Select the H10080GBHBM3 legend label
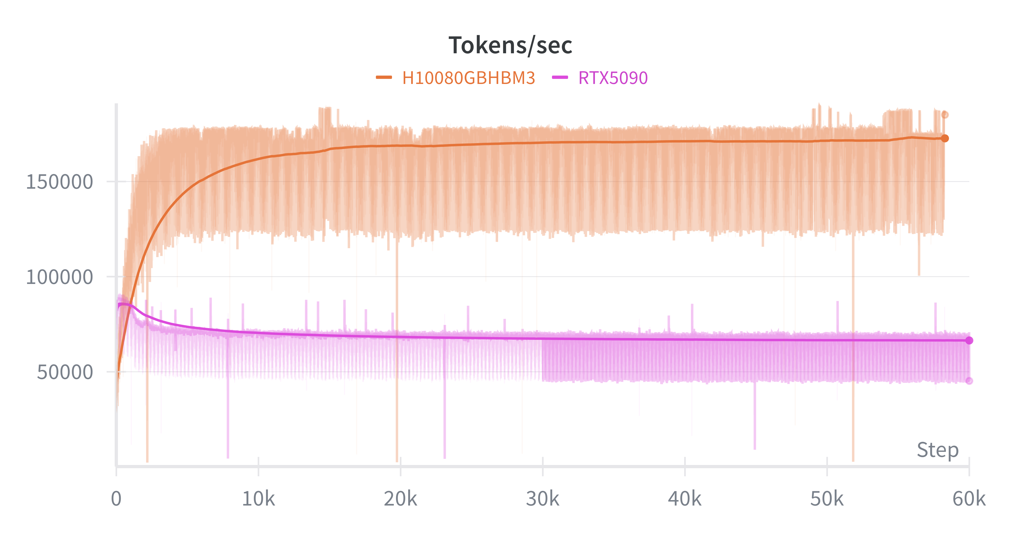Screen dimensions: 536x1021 click(468, 78)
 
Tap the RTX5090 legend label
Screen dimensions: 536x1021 click(613, 78)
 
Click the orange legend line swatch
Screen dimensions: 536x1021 click(384, 77)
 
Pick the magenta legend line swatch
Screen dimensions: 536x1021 click(560, 77)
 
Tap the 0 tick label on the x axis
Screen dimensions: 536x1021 click(116, 499)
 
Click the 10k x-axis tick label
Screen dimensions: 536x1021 click(258, 499)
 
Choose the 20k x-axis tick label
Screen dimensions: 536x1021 click(400, 499)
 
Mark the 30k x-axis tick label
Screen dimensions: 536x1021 click(543, 499)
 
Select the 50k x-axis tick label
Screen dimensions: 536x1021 click(827, 499)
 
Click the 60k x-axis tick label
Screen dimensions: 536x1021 click(969, 499)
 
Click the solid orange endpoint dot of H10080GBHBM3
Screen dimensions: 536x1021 click(945, 138)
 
